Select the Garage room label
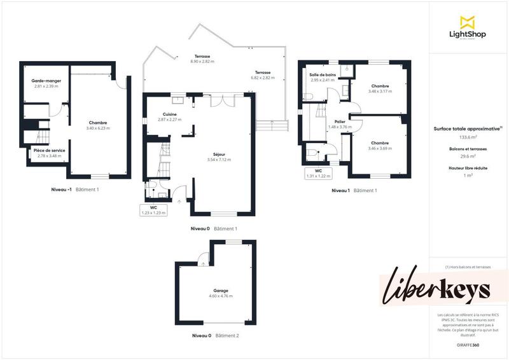(218, 293)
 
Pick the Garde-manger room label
(45, 83)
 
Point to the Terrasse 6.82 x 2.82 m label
(262, 75)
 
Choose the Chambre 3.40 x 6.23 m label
(98, 125)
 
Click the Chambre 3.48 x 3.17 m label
(380, 88)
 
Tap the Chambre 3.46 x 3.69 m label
(380, 146)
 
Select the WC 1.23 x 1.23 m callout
(153, 210)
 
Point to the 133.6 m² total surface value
(468, 137)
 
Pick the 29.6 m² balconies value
(468, 156)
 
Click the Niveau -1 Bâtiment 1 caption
(75, 190)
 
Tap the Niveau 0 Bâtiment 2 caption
(215, 335)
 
